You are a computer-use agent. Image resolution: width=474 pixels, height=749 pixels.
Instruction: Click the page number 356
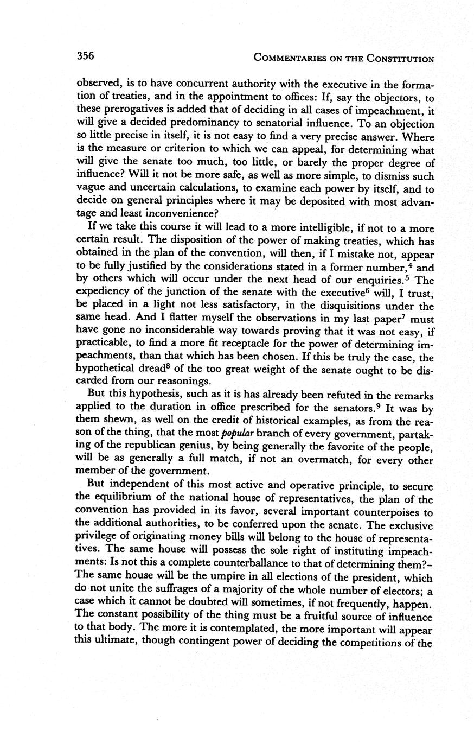[x=86, y=55]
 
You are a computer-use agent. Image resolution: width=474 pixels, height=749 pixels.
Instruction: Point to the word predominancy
[x=186, y=124]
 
